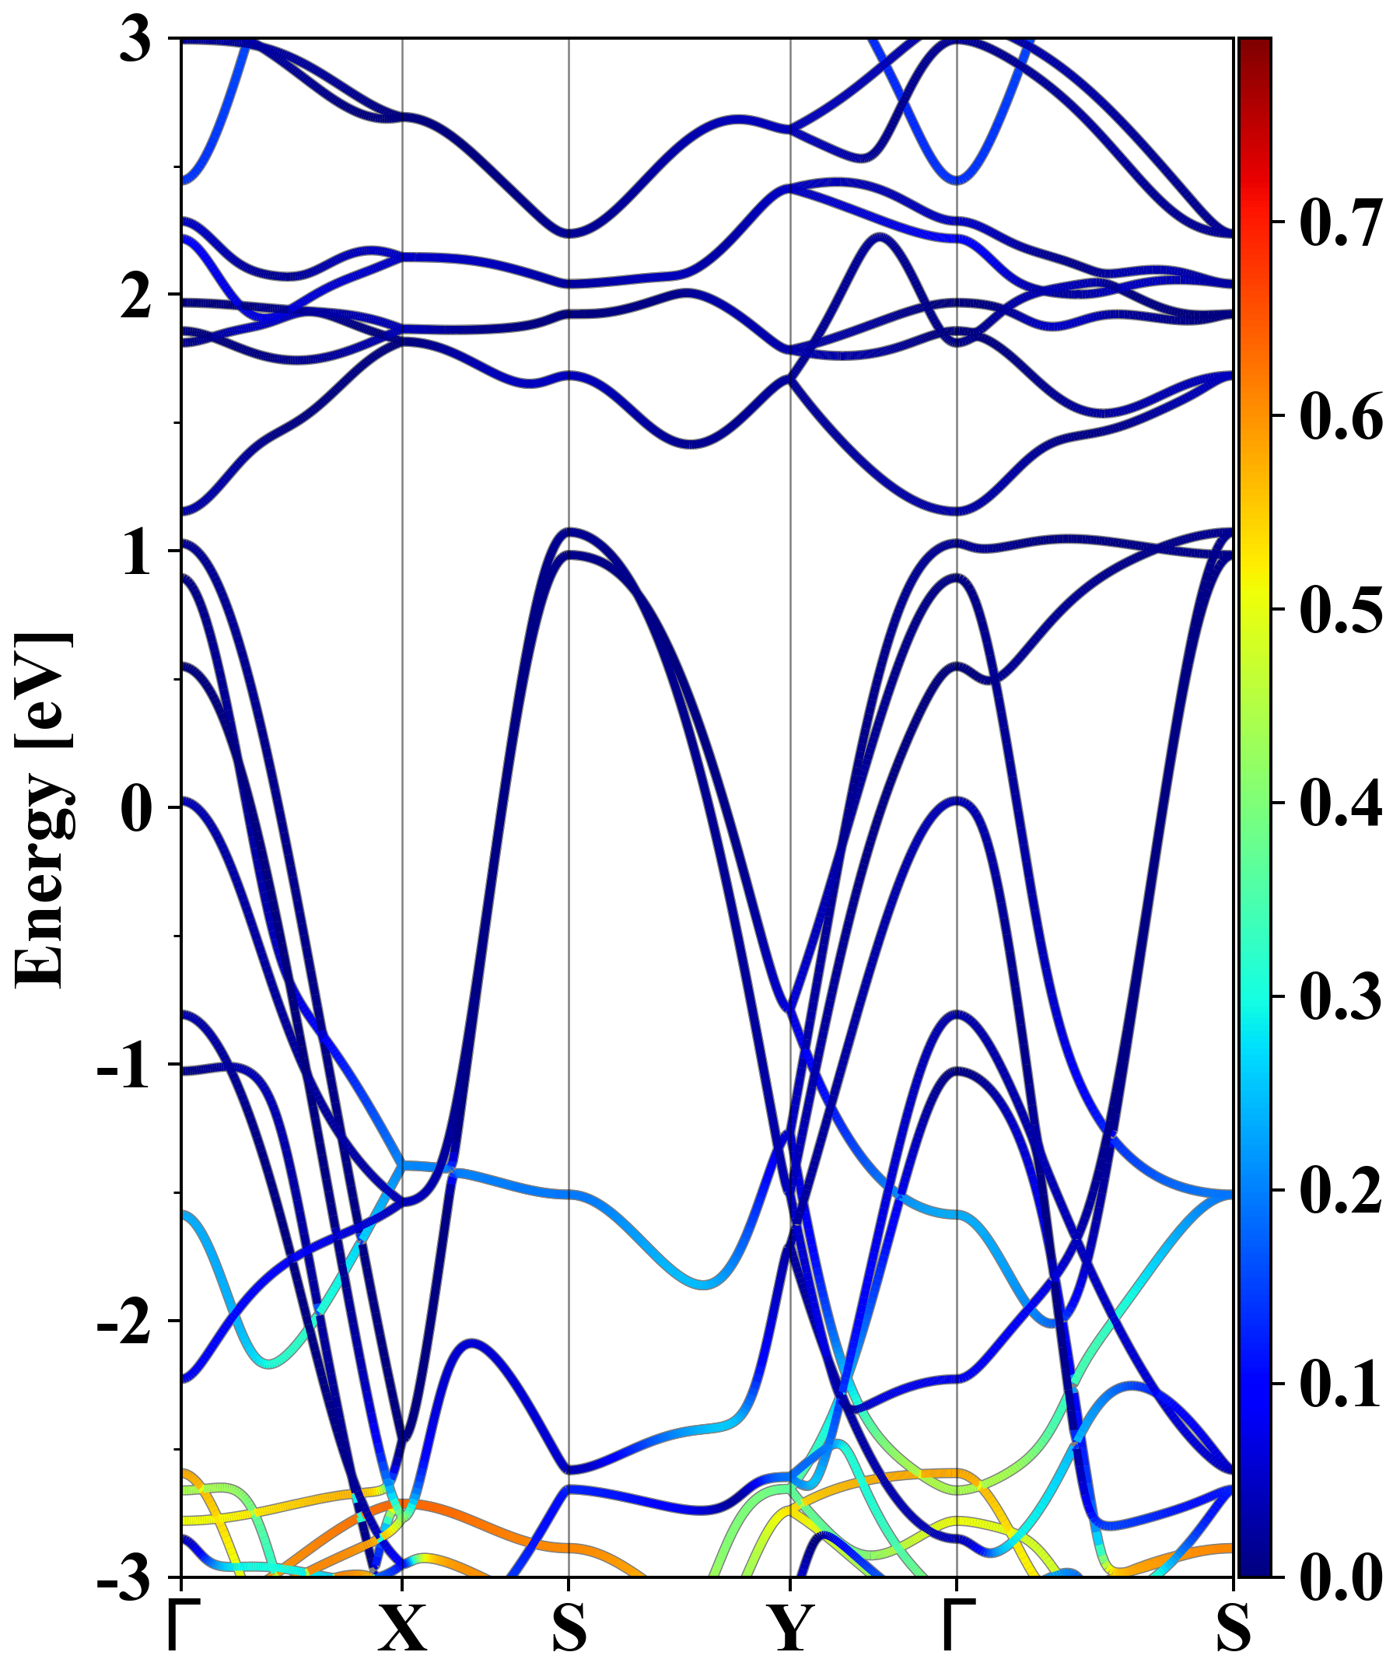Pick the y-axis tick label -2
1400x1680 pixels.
124,1323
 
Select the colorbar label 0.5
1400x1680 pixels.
1341,610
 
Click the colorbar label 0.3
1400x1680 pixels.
1341,997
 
